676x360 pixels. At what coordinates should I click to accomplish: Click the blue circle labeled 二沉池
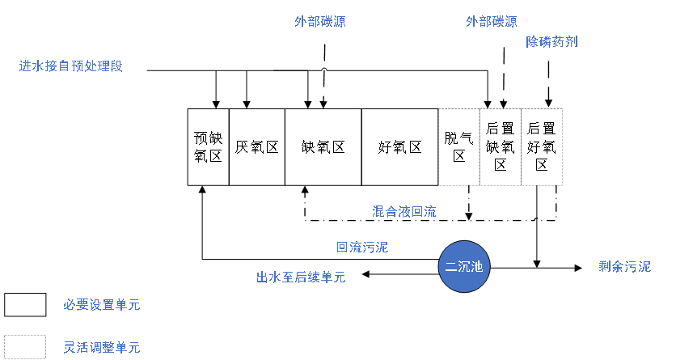click(464, 266)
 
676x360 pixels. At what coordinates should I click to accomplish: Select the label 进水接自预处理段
click(71, 66)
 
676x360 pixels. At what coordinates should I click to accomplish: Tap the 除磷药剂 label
click(551, 41)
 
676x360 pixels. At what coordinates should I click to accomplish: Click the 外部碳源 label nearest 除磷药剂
click(491, 22)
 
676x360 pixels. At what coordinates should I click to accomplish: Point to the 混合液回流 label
click(404, 212)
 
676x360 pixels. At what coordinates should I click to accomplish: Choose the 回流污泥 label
click(362, 248)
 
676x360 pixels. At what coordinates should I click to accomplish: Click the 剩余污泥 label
click(624, 267)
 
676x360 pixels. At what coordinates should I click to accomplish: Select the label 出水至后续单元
click(301, 277)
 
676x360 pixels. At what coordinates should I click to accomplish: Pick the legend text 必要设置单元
click(102, 305)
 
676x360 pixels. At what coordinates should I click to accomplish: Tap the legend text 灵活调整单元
click(102, 348)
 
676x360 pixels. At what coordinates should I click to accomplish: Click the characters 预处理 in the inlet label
click(91, 66)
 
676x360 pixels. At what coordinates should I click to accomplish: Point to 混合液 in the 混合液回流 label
click(391, 212)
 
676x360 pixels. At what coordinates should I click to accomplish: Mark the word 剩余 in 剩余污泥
click(611, 267)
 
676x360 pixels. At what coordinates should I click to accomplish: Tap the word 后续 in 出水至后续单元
click(307, 277)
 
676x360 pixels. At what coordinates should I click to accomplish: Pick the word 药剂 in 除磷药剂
click(564, 41)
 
